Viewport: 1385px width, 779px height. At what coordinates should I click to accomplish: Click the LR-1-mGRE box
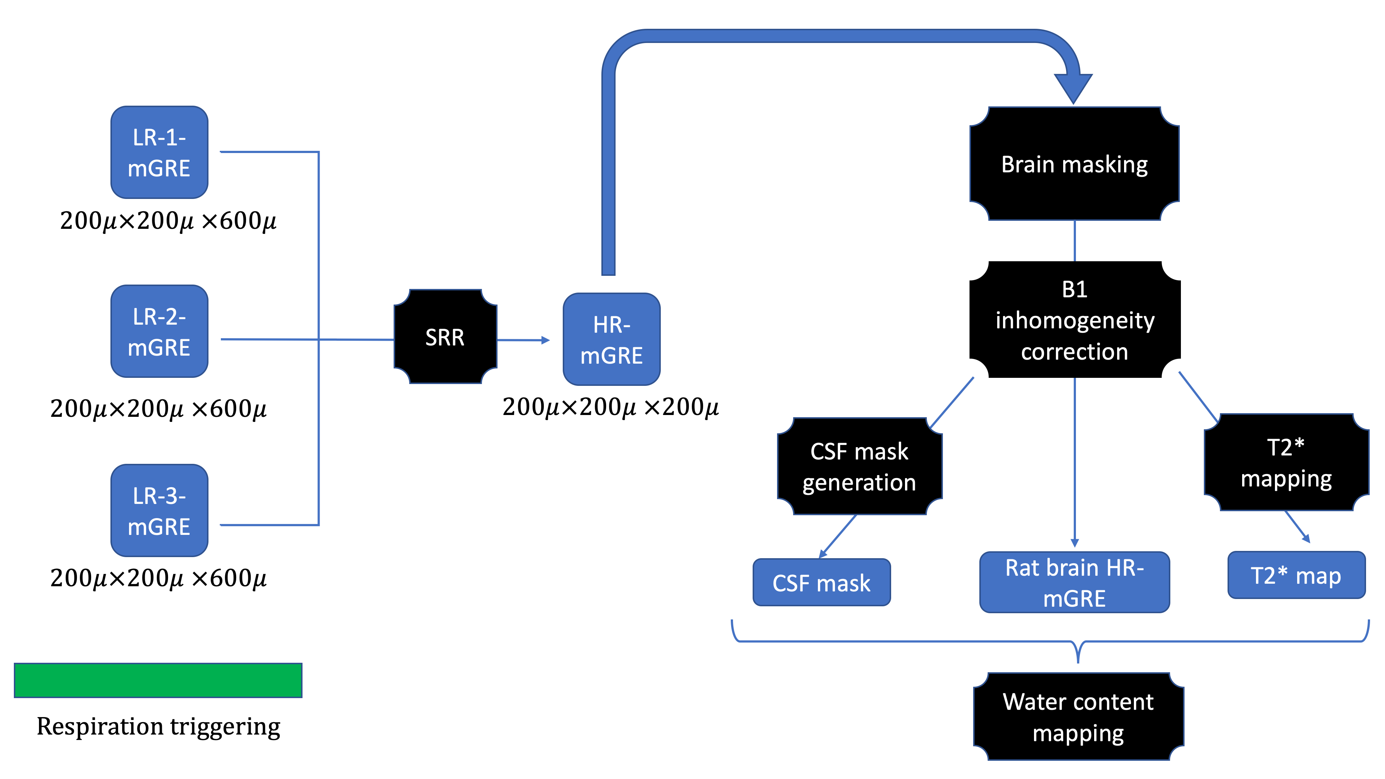pos(159,152)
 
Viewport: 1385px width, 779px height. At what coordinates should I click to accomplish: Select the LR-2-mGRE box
pos(159,331)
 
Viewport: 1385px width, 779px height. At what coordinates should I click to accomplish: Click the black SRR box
pos(445,337)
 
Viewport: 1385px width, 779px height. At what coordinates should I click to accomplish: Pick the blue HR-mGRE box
pos(611,339)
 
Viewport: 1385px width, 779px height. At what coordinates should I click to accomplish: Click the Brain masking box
pos(1074,164)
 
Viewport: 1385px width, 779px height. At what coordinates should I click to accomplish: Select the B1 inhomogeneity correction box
pos(1074,320)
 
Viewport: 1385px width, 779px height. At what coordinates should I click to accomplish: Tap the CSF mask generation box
pos(859,466)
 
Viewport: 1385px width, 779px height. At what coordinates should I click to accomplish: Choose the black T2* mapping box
pos(1286,462)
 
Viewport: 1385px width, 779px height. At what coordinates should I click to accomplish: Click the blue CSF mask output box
pos(821,583)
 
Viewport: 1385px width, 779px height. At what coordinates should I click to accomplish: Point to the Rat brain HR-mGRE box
pos(1074,582)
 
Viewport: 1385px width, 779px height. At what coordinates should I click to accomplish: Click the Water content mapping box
pos(1078,717)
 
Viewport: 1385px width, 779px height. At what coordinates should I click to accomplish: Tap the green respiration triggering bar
pos(158,680)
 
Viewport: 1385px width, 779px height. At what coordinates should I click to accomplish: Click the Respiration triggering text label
pos(158,726)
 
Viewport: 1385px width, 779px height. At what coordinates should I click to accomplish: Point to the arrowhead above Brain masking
pos(1073,87)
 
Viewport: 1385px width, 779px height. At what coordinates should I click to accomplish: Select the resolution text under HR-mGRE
pos(610,407)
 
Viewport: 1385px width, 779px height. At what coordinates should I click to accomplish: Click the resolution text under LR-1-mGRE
pos(168,220)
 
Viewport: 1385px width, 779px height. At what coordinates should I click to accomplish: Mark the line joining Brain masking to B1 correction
pos(1074,241)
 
